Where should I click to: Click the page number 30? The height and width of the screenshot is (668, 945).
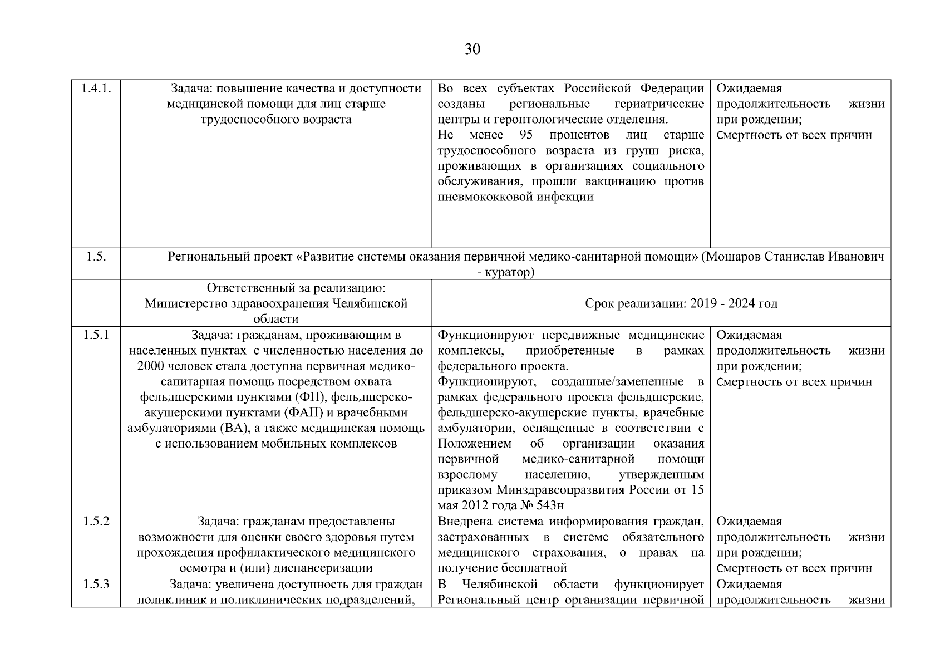(x=472, y=50)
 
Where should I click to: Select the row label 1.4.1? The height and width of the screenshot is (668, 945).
(x=96, y=89)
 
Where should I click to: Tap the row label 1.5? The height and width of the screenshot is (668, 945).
(x=96, y=257)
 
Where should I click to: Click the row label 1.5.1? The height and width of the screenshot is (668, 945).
(x=96, y=335)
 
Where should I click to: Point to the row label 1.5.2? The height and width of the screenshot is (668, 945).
(x=96, y=522)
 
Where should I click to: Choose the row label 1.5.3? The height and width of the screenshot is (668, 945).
(x=96, y=584)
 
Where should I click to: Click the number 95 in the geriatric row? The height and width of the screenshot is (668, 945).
(x=526, y=135)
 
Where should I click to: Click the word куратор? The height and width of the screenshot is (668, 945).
(x=508, y=272)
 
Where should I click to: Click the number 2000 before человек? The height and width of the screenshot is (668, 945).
(x=150, y=366)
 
